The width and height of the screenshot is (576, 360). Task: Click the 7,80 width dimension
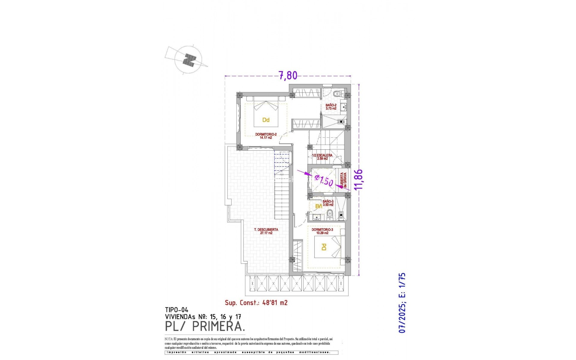coord(288,75)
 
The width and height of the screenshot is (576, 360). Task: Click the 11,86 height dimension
coord(358,179)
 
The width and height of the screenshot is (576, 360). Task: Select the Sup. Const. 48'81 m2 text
coord(256,303)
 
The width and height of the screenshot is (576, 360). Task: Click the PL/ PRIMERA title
coord(205,326)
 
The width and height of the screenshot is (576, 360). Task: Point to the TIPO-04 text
coord(176,310)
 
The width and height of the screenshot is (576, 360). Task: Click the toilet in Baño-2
coord(338,94)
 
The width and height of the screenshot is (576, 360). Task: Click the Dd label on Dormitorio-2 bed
coord(266,120)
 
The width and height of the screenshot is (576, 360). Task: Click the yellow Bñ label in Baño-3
coord(319,206)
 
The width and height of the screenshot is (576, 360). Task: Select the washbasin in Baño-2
coord(344,106)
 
